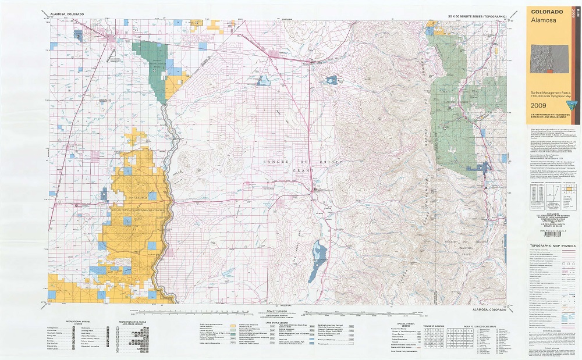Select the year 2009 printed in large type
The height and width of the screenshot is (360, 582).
pyautogui.click(x=542, y=106)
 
